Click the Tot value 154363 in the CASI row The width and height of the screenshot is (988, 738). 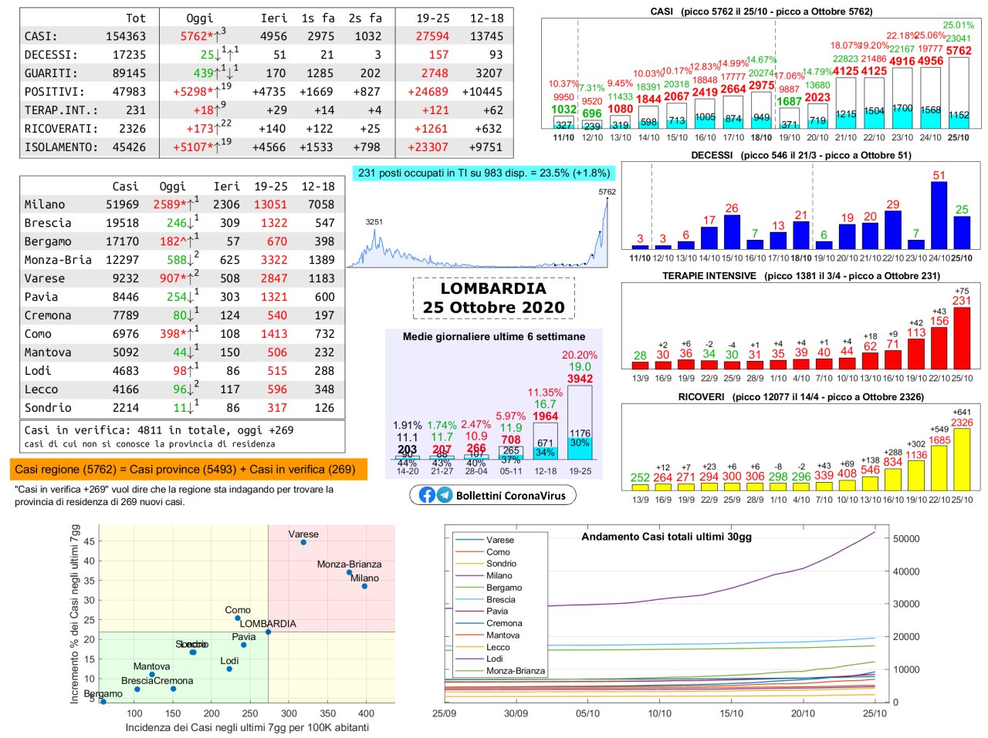click(x=126, y=36)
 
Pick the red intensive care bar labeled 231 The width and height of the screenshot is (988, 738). click(x=962, y=337)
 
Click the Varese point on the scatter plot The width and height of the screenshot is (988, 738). click(x=303, y=543)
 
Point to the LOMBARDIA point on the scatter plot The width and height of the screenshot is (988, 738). click(x=268, y=632)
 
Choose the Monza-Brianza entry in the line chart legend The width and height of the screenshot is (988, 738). click(x=515, y=671)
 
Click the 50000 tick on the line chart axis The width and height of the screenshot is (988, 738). click(x=906, y=539)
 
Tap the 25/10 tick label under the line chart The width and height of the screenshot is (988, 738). click(x=875, y=713)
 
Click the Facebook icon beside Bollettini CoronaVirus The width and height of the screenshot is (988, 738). click(x=427, y=495)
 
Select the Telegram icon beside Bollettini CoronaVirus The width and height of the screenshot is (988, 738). click(x=445, y=495)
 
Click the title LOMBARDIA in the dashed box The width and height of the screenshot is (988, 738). click(x=493, y=288)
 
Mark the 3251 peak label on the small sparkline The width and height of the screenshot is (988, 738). click(x=374, y=222)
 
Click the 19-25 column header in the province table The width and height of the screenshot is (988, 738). click(x=271, y=187)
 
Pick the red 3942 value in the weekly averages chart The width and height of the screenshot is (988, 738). click(x=580, y=379)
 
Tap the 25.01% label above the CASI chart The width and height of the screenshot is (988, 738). click(x=958, y=25)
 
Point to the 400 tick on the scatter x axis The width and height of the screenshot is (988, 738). click(x=366, y=713)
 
